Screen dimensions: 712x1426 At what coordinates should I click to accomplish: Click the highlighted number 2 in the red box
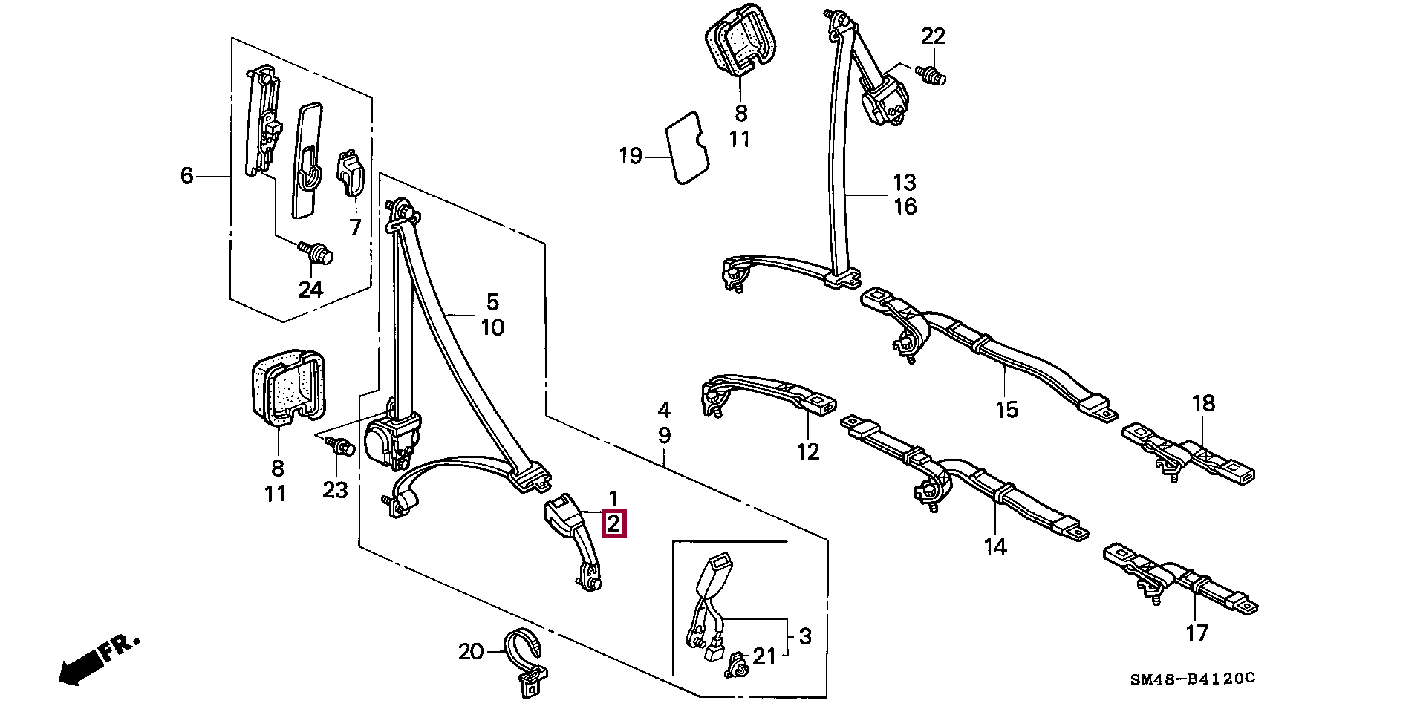tap(614, 523)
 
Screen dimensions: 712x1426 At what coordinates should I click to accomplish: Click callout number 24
tap(310, 289)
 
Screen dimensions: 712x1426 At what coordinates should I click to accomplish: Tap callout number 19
tap(630, 157)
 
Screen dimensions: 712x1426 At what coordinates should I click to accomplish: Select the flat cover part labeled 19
tap(686, 147)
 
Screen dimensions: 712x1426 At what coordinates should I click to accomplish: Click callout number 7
tap(355, 227)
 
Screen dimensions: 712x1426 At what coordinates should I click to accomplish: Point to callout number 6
tap(186, 176)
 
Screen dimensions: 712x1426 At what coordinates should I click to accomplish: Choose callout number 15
tap(1006, 410)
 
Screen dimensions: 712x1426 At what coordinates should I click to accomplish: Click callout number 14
tap(994, 547)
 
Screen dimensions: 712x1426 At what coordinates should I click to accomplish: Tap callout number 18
tap(1203, 403)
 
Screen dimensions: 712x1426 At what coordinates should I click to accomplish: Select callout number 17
tap(1197, 633)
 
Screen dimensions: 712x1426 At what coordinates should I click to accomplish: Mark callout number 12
tap(807, 451)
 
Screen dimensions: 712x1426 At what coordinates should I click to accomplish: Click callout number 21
tap(764, 656)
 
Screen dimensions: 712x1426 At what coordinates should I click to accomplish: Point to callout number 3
tap(805, 636)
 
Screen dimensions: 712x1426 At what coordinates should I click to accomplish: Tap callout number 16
tap(905, 206)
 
